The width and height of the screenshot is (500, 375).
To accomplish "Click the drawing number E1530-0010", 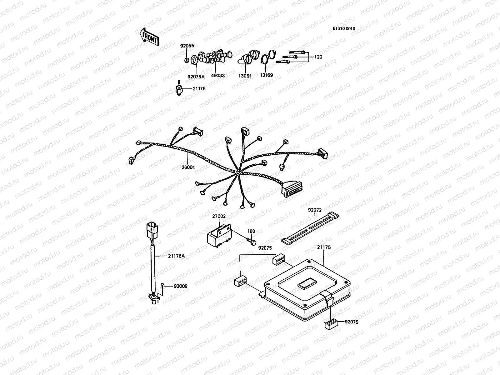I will point(344,28).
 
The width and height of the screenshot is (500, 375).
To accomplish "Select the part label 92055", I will point(187,46).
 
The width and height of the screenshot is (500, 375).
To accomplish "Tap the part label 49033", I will point(217,76).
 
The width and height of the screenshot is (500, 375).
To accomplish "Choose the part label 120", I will point(318,57).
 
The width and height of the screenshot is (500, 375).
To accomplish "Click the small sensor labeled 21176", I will point(179,88).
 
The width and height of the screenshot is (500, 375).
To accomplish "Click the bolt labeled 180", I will point(252,242).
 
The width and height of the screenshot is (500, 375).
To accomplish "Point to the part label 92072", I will point(314,210).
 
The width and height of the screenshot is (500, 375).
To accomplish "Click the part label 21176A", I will point(176,256).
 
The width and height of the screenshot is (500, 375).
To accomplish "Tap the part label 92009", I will point(181,286).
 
